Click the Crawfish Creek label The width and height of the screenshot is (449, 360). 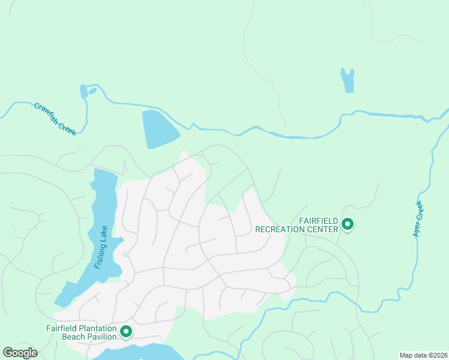point(55,118)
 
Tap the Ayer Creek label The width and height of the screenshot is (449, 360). point(418,219)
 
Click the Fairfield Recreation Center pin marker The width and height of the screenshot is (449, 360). point(347,225)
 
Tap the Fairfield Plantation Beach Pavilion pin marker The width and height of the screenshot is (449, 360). point(126,331)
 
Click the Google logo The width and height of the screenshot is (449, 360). point(20,353)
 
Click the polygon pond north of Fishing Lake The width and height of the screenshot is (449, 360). point(158,128)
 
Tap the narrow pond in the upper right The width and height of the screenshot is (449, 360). point(348,80)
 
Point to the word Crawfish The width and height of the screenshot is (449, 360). point(47,112)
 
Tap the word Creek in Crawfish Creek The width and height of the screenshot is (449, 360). point(66,127)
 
